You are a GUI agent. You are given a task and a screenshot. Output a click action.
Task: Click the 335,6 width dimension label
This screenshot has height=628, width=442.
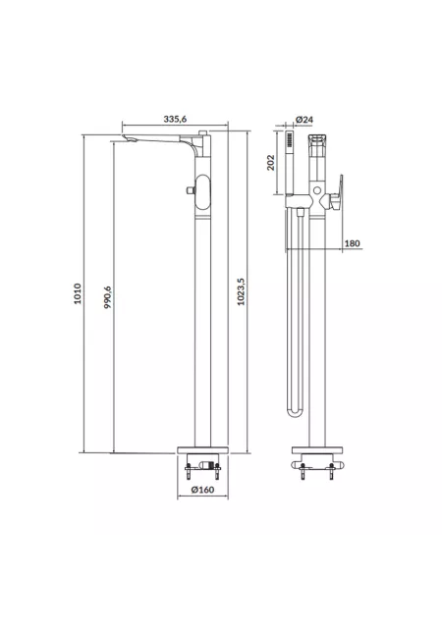click(175, 119)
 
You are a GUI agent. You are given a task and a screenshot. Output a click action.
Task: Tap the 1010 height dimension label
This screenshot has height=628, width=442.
click(78, 293)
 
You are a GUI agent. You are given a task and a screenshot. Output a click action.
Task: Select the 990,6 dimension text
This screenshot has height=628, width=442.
click(108, 297)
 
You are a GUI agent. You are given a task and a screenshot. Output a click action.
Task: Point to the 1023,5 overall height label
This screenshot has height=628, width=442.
click(241, 292)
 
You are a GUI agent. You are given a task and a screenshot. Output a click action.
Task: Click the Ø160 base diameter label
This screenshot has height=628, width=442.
click(202, 490)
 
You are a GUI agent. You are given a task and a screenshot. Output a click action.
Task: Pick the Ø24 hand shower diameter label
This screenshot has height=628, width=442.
click(304, 120)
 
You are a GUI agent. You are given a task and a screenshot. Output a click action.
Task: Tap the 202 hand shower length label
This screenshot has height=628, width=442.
click(271, 163)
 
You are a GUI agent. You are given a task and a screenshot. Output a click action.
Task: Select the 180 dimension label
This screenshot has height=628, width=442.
click(353, 243)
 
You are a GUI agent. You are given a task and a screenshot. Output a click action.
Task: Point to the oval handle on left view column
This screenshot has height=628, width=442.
click(202, 192)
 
